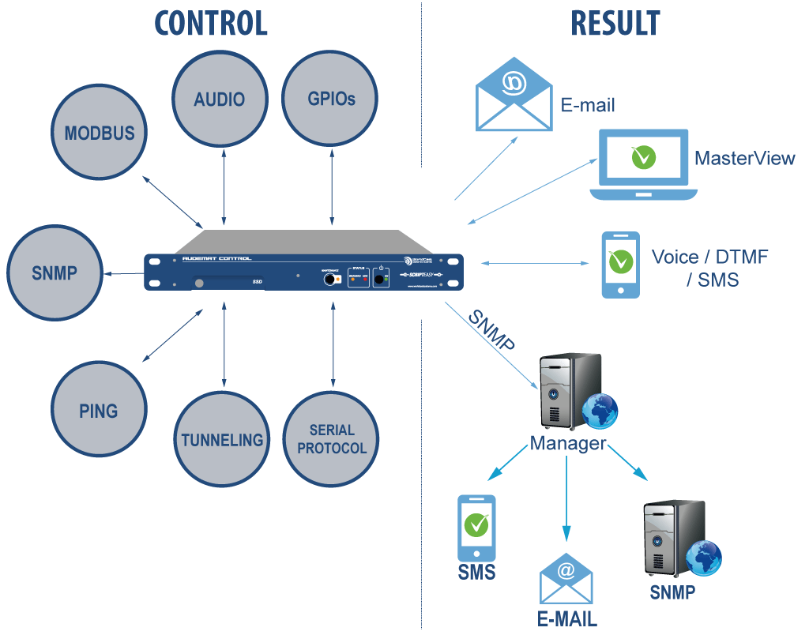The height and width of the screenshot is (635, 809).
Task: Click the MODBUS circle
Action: point(100,133)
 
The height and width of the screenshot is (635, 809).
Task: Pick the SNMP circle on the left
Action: point(55,273)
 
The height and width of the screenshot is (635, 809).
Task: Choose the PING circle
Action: point(99,411)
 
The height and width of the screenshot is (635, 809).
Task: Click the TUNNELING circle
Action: point(222,439)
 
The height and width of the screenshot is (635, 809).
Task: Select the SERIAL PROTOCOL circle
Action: point(332,439)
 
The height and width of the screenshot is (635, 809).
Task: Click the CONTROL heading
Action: point(211,23)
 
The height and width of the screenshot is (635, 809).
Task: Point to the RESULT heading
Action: point(615,23)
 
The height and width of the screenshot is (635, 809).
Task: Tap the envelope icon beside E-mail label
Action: point(514,96)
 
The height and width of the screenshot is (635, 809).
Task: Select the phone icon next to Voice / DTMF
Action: point(620,264)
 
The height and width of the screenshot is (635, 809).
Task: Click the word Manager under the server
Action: point(567,443)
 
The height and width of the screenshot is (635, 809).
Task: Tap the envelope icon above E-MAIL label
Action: point(566,579)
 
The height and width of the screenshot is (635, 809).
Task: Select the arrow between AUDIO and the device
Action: point(225,188)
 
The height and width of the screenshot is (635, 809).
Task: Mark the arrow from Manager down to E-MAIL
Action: point(566,498)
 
